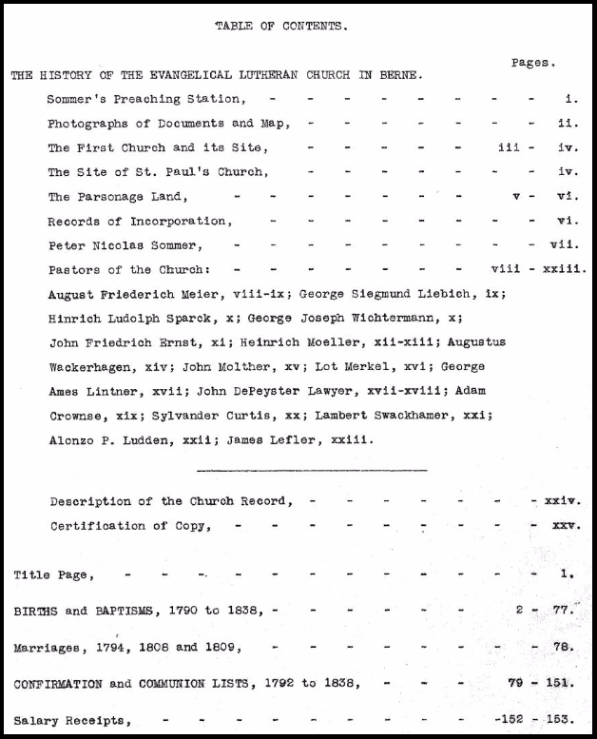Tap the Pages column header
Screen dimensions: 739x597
(531, 63)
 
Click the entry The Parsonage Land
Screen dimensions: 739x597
(118, 197)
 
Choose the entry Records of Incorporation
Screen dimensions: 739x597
(139, 222)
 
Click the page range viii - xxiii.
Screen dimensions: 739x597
(538, 270)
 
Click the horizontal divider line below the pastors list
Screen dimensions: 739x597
(311, 470)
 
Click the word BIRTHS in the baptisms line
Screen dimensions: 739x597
(33, 612)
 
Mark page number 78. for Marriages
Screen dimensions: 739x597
(564, 648)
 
